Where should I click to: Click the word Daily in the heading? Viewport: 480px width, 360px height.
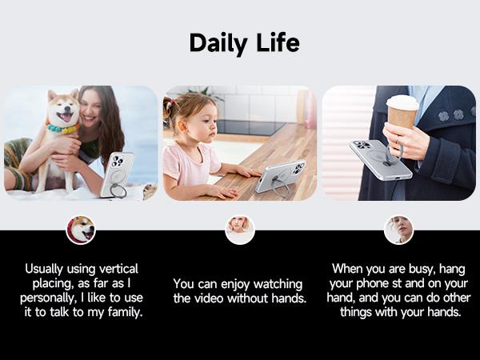[x=218, y=43]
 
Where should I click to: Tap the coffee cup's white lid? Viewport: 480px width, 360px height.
[x=402, y=102]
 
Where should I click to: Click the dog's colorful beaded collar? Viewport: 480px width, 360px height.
[x=62, y=129]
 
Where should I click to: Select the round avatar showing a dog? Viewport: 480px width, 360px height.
[x=81, y=230]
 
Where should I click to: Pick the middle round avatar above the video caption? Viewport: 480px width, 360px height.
[x=240, y=230]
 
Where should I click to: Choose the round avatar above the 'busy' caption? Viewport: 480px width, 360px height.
[x=398, y=230]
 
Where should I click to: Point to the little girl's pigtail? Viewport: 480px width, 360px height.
[x=168, y=109]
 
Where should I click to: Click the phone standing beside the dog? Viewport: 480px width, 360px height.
[x=118, y=175]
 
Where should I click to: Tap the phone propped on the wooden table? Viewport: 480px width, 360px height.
[x=281, y=176]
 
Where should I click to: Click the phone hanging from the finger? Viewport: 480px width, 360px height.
[x=381, y=160]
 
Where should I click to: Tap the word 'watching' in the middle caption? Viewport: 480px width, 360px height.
[x=278, y=284]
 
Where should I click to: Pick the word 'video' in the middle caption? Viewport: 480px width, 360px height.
[x=210, y=298]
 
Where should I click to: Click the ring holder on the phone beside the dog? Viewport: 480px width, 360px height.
[x=118, y=190]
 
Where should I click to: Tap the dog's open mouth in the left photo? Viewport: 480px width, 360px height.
[x=66, y=117]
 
